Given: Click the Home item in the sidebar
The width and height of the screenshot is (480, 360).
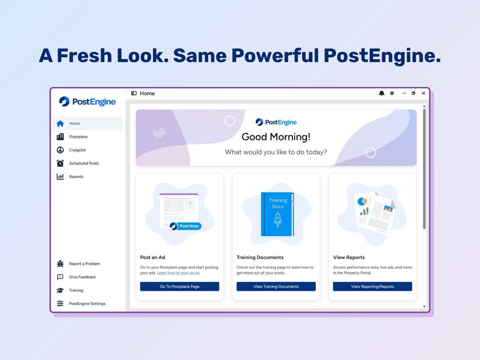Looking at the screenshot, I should pos(74,124).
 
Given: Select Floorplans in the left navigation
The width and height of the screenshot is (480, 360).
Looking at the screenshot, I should pos(78,137).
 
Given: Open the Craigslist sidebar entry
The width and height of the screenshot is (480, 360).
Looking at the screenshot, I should pos(77,150).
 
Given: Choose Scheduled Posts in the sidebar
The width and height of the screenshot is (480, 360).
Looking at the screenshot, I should pos(84,163).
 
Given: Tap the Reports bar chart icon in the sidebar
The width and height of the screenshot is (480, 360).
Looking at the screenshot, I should pos(60,176).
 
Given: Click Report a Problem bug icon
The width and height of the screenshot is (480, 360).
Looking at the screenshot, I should pos(60,264).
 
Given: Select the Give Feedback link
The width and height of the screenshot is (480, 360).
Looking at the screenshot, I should pos(82,277).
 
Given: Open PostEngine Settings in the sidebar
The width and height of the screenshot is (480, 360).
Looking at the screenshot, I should pos(87,304).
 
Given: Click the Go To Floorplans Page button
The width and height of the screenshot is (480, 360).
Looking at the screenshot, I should pos(180,286).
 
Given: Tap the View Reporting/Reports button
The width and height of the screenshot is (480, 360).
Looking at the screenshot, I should pos(372,286).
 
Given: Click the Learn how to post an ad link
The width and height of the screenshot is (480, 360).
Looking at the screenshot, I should pos(178,273).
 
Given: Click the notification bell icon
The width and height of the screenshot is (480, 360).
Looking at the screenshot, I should pos(382,93).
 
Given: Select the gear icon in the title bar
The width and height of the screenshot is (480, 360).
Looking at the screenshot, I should pos(392,93).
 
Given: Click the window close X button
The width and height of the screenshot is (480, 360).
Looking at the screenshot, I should pos(424,93).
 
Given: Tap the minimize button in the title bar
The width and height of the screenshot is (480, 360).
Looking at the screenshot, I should pos(404,93).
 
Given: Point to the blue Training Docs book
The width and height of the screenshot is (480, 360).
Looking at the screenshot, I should pos(277,214).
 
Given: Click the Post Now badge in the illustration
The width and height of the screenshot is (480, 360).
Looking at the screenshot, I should pos(186,226).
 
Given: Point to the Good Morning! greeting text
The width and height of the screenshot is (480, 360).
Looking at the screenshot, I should pos(276,137).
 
